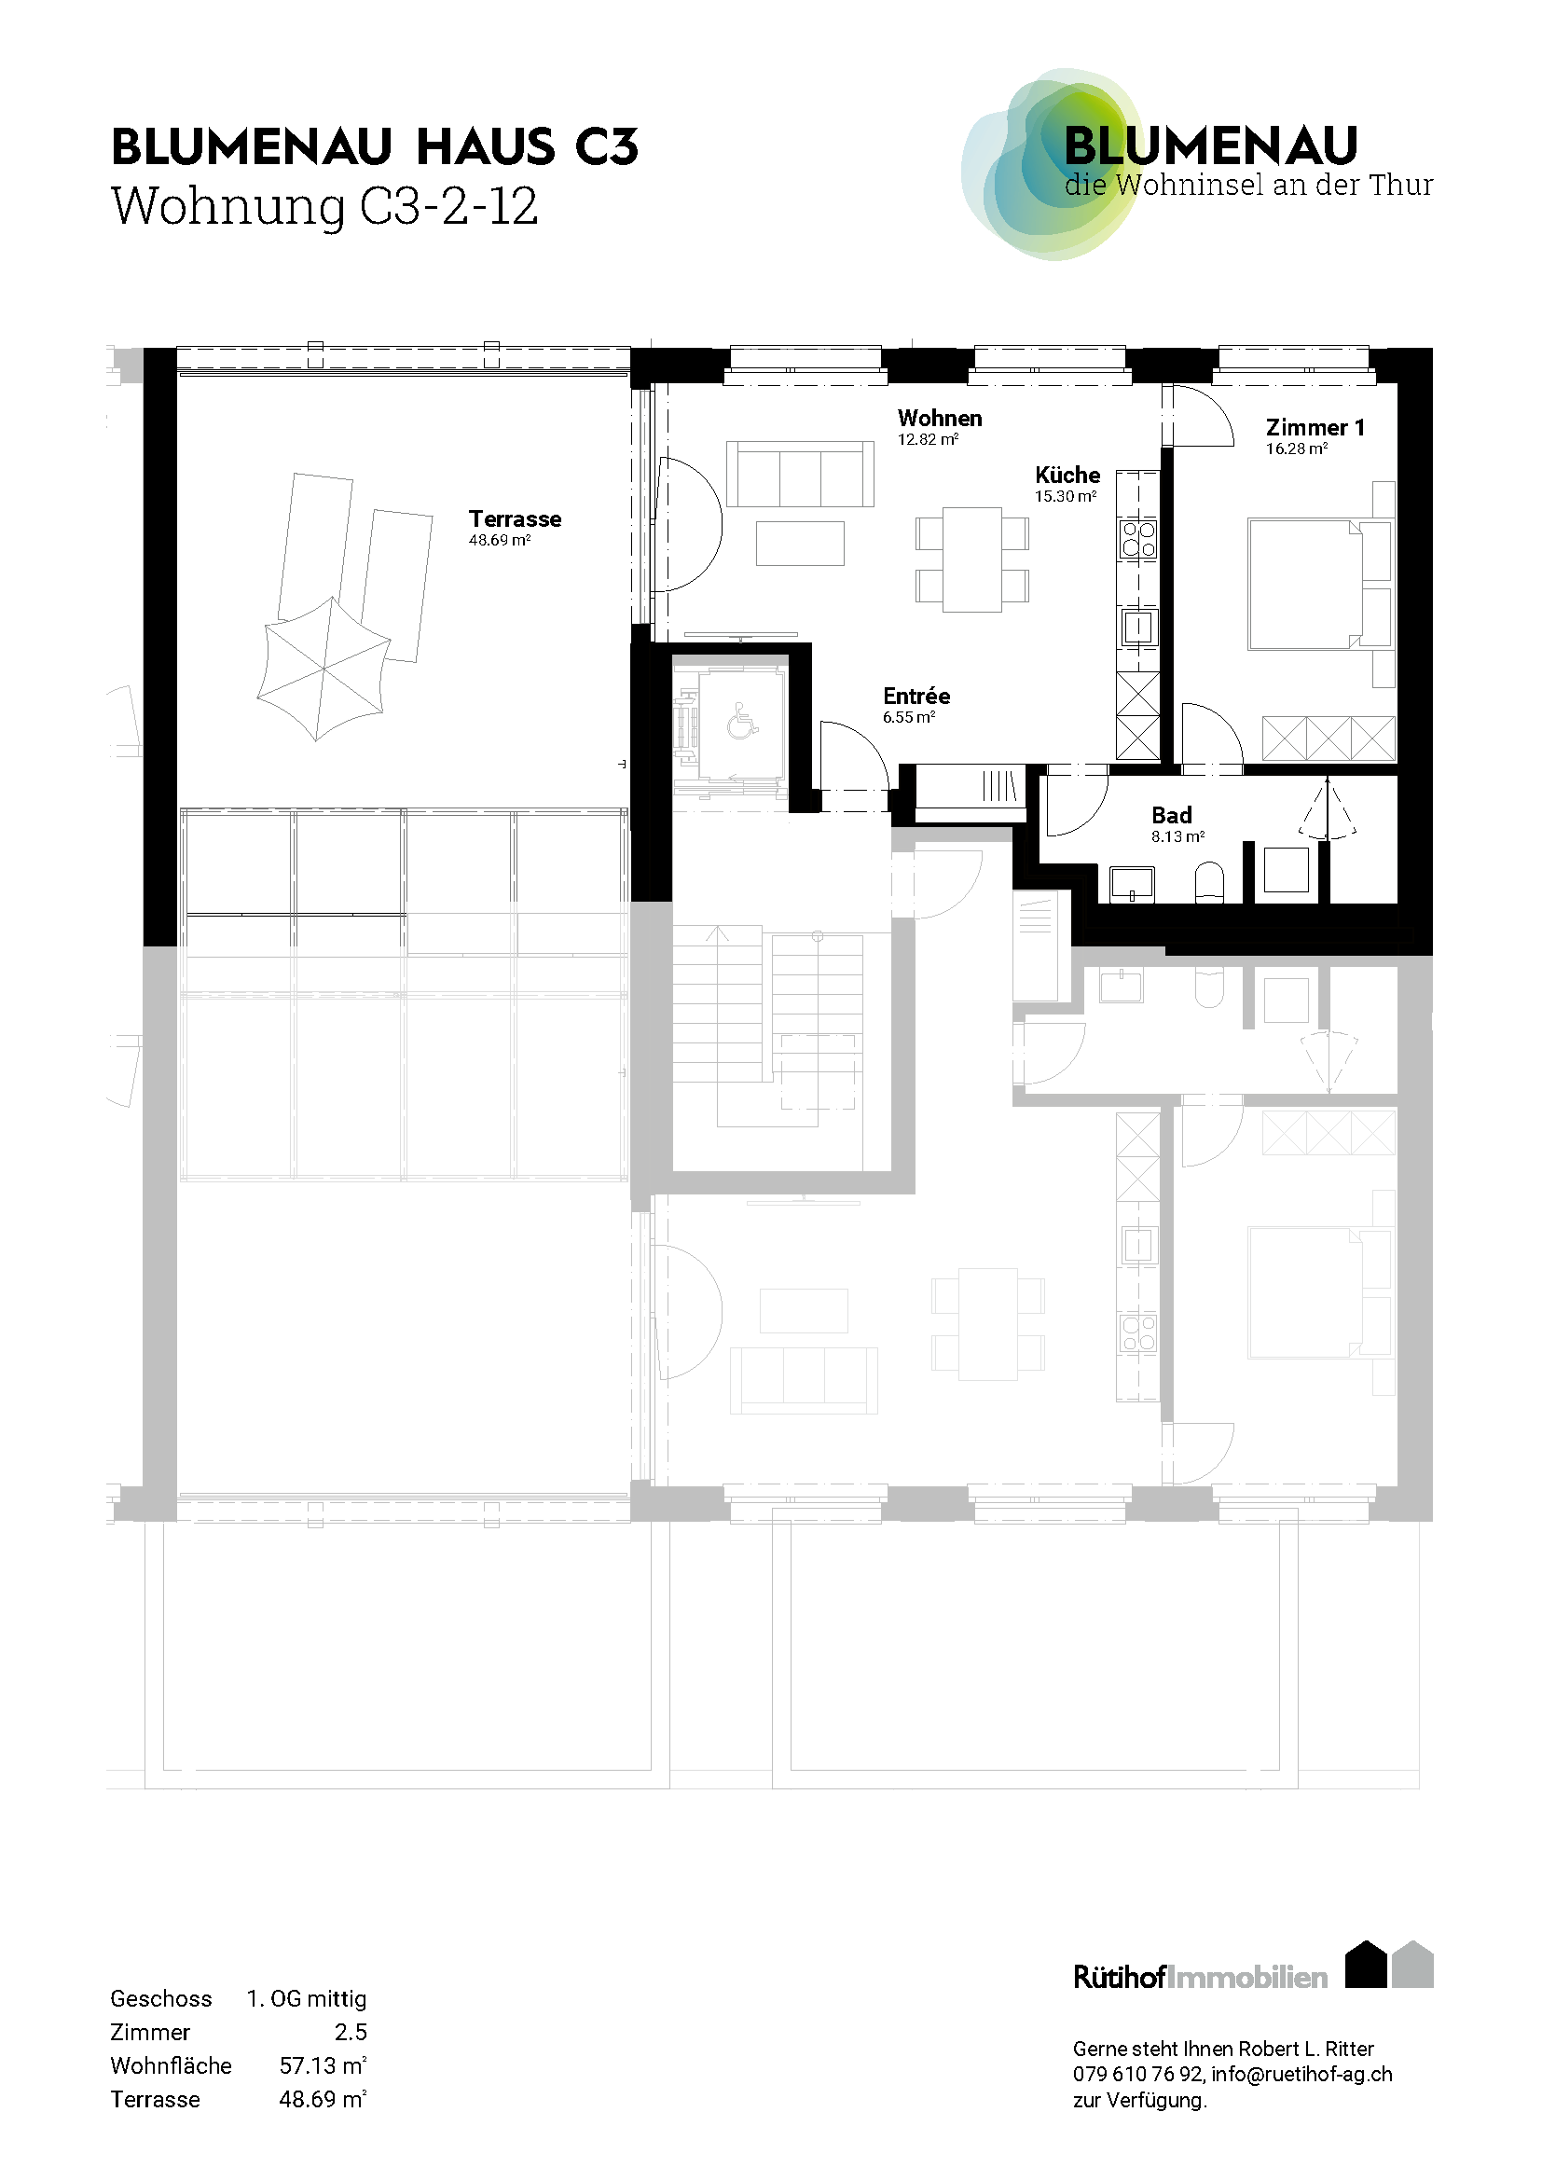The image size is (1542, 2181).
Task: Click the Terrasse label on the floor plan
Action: [x=515, y=518]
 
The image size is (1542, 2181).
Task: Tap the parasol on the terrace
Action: [x=324, y=668]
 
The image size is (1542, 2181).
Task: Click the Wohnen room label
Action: [x=940, y=418]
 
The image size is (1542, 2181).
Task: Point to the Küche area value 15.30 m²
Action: [x=1067, y=496]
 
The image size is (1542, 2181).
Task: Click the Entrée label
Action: [x=916, y=696]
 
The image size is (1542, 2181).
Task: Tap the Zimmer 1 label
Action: [x=1315, y=427]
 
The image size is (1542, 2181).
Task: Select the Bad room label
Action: [x=1172, y=815]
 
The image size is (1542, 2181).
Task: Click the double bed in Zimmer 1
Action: [x=1306, y=583]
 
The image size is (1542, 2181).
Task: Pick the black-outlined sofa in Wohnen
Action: [x=800, y=473]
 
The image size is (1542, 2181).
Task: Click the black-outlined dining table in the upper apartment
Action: [x=972, y=559]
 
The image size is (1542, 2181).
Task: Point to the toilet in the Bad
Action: [x=1210, y=882]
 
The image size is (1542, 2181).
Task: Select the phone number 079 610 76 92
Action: [x=1138, y=2074]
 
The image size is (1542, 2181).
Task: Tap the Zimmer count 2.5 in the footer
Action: [x=351, y=2032]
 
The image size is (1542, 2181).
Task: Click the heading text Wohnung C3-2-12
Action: [x=324, y=206]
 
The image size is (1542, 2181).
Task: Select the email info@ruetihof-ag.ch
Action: [x=1301, y=2075]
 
